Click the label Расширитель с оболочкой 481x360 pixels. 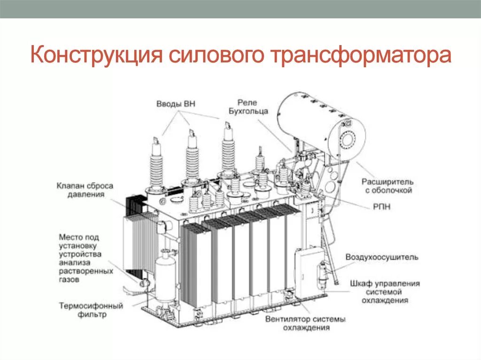point(387,185)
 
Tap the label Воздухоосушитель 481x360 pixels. point(382,257)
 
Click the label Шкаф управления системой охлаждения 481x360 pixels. point(385,291)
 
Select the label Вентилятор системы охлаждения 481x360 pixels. point(305,323)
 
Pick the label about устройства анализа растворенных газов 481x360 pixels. point(86,258)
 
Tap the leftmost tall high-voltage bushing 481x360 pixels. point(156,164)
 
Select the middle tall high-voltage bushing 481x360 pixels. point(192,157)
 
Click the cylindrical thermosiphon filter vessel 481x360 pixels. point(165,277)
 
